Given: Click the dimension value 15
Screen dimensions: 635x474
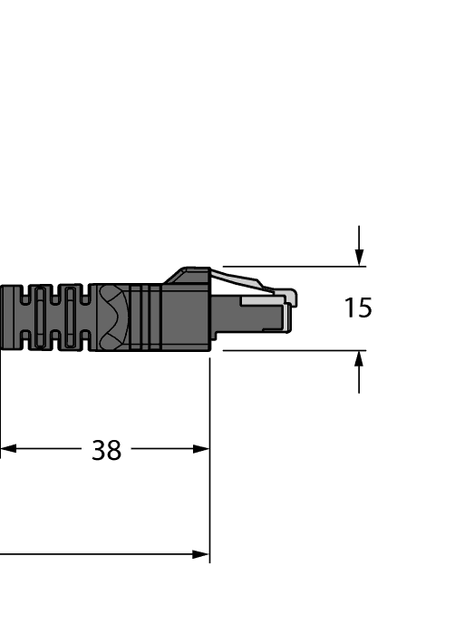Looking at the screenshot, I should [358, 308].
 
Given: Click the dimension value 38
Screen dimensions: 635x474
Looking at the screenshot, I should [106, 450].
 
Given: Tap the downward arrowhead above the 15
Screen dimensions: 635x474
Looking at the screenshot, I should [360, 258].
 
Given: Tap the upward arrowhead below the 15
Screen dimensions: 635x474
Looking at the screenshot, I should [360, 359].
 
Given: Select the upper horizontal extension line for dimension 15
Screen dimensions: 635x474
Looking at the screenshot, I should [290, 267].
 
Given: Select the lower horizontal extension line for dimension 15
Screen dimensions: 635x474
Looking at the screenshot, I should [290, 350].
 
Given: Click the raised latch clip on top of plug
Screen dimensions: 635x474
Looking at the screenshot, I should [190, 274].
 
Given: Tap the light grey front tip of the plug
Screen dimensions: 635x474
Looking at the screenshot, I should [291, 298].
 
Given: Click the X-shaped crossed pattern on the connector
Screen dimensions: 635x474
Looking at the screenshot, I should [111, 317].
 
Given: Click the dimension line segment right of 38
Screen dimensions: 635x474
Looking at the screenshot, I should [163, 448].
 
